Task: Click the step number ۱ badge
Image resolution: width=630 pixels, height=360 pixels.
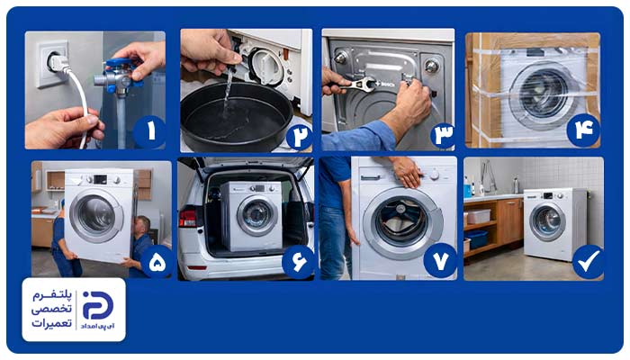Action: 149,131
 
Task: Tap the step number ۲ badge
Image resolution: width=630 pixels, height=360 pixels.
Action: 300,137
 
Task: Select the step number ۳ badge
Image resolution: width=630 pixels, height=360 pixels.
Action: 443,135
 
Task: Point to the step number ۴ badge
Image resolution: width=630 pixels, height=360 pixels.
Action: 583,130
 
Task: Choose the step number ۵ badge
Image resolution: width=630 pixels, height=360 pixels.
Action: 157,262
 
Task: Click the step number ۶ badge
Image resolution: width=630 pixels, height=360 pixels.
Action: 298,262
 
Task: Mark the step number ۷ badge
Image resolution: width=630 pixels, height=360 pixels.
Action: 440,260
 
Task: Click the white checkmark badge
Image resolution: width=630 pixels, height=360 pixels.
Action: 588,262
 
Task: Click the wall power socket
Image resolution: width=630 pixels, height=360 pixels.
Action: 52,64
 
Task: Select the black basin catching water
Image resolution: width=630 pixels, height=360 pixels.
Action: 236,116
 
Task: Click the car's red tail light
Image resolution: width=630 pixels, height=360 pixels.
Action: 188,219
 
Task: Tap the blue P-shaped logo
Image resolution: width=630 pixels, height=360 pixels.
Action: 97,305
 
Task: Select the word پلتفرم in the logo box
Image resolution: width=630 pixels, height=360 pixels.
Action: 52,295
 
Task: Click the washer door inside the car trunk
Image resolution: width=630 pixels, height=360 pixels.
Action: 257,215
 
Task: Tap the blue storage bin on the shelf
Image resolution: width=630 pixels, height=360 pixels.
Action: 476,239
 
